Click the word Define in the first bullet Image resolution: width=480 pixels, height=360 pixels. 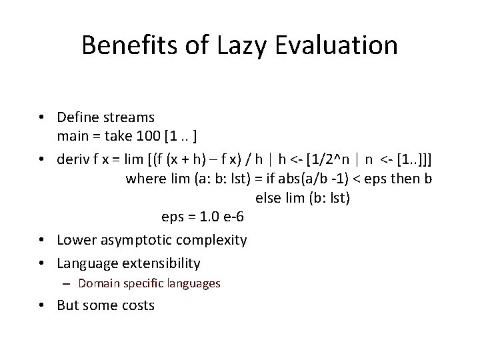[78, 117]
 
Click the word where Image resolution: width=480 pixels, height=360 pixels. [143, 178]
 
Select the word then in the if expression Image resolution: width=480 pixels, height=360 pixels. [401, 178]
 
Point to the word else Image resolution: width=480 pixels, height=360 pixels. [268, 198]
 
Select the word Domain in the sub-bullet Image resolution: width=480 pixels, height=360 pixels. [97, 283]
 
